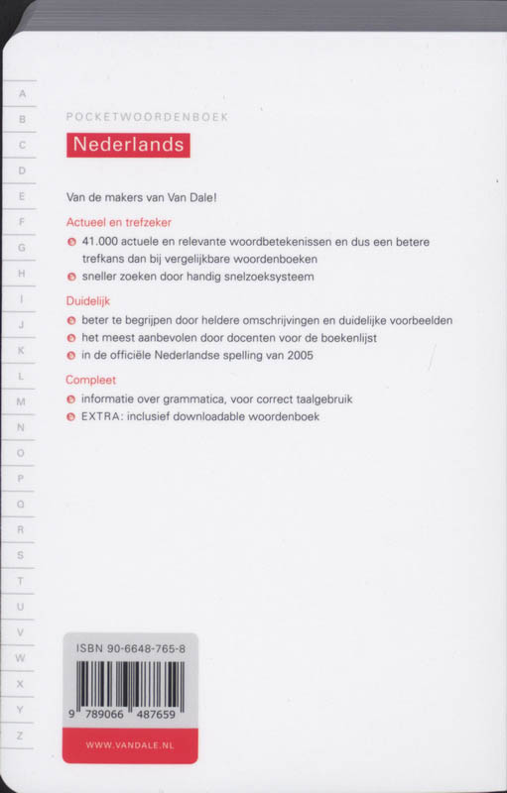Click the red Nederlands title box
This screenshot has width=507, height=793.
(x=128, y=145)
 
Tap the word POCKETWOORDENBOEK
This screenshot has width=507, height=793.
(x=147, y=117)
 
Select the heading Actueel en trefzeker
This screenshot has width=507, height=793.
(x=118, y=222)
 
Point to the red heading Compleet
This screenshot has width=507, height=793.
(x=91, y=379)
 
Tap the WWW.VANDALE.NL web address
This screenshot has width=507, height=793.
(x=130, y=744)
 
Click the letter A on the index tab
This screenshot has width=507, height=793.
(x=21, y=94)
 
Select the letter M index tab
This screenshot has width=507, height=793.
(x=21, y=401)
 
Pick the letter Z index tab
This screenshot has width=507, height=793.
(x=21, y=735)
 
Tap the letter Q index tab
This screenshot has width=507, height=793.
(x=21, y=505)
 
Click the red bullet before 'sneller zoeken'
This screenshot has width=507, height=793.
(x=70, y=278)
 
